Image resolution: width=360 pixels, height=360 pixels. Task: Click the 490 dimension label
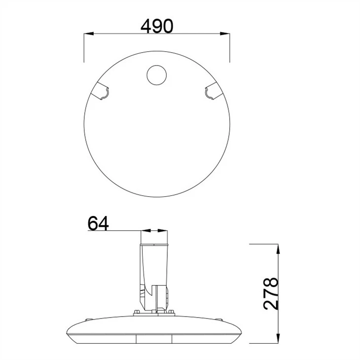(x=157, y=26)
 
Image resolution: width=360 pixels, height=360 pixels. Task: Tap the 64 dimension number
(x=98, y=223)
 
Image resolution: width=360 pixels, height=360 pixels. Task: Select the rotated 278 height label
(x=271, y=293)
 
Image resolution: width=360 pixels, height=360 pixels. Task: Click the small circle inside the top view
(x=157, y=75)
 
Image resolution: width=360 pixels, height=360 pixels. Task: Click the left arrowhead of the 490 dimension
(x=89, y=34)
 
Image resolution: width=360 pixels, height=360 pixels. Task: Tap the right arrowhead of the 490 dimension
(x=225, y=34)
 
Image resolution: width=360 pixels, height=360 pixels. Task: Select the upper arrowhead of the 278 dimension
(x=278, y=249)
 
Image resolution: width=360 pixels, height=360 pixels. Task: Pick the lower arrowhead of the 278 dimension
(x=278, y=338)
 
